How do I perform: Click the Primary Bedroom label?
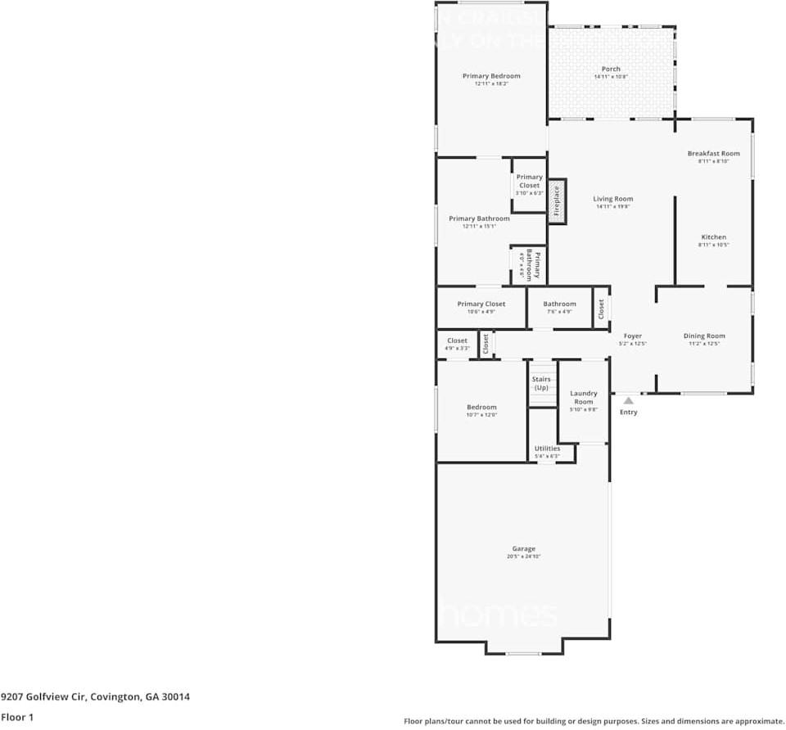click(x=490, y=76)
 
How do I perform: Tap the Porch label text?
click(x=611, y=69)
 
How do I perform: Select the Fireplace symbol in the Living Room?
click(x=557, y=201)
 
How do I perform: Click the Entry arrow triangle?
click(x=628, y=400)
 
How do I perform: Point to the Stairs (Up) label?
click(x=541, y=383)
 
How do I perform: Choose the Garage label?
click(x=523, y=548)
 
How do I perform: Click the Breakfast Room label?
click(x=713, y=153)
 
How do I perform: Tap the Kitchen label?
click(x=713, y=237)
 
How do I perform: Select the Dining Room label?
click(x=704, y=336)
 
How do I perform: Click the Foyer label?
click(x=633, y=336)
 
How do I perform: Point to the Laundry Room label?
click(x=583, y=398)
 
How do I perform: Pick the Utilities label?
click(x=547, y=448)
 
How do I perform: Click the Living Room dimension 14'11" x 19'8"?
click(x=612, y=207)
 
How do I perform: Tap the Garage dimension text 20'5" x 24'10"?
click(x=523, y=557)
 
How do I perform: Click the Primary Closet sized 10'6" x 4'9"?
click(x=481, y=304)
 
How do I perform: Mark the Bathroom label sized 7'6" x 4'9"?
click(x=559, y=304)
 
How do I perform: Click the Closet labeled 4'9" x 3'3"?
click(x=457, y=340)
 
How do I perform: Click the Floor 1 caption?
click(x=17, y=717)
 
